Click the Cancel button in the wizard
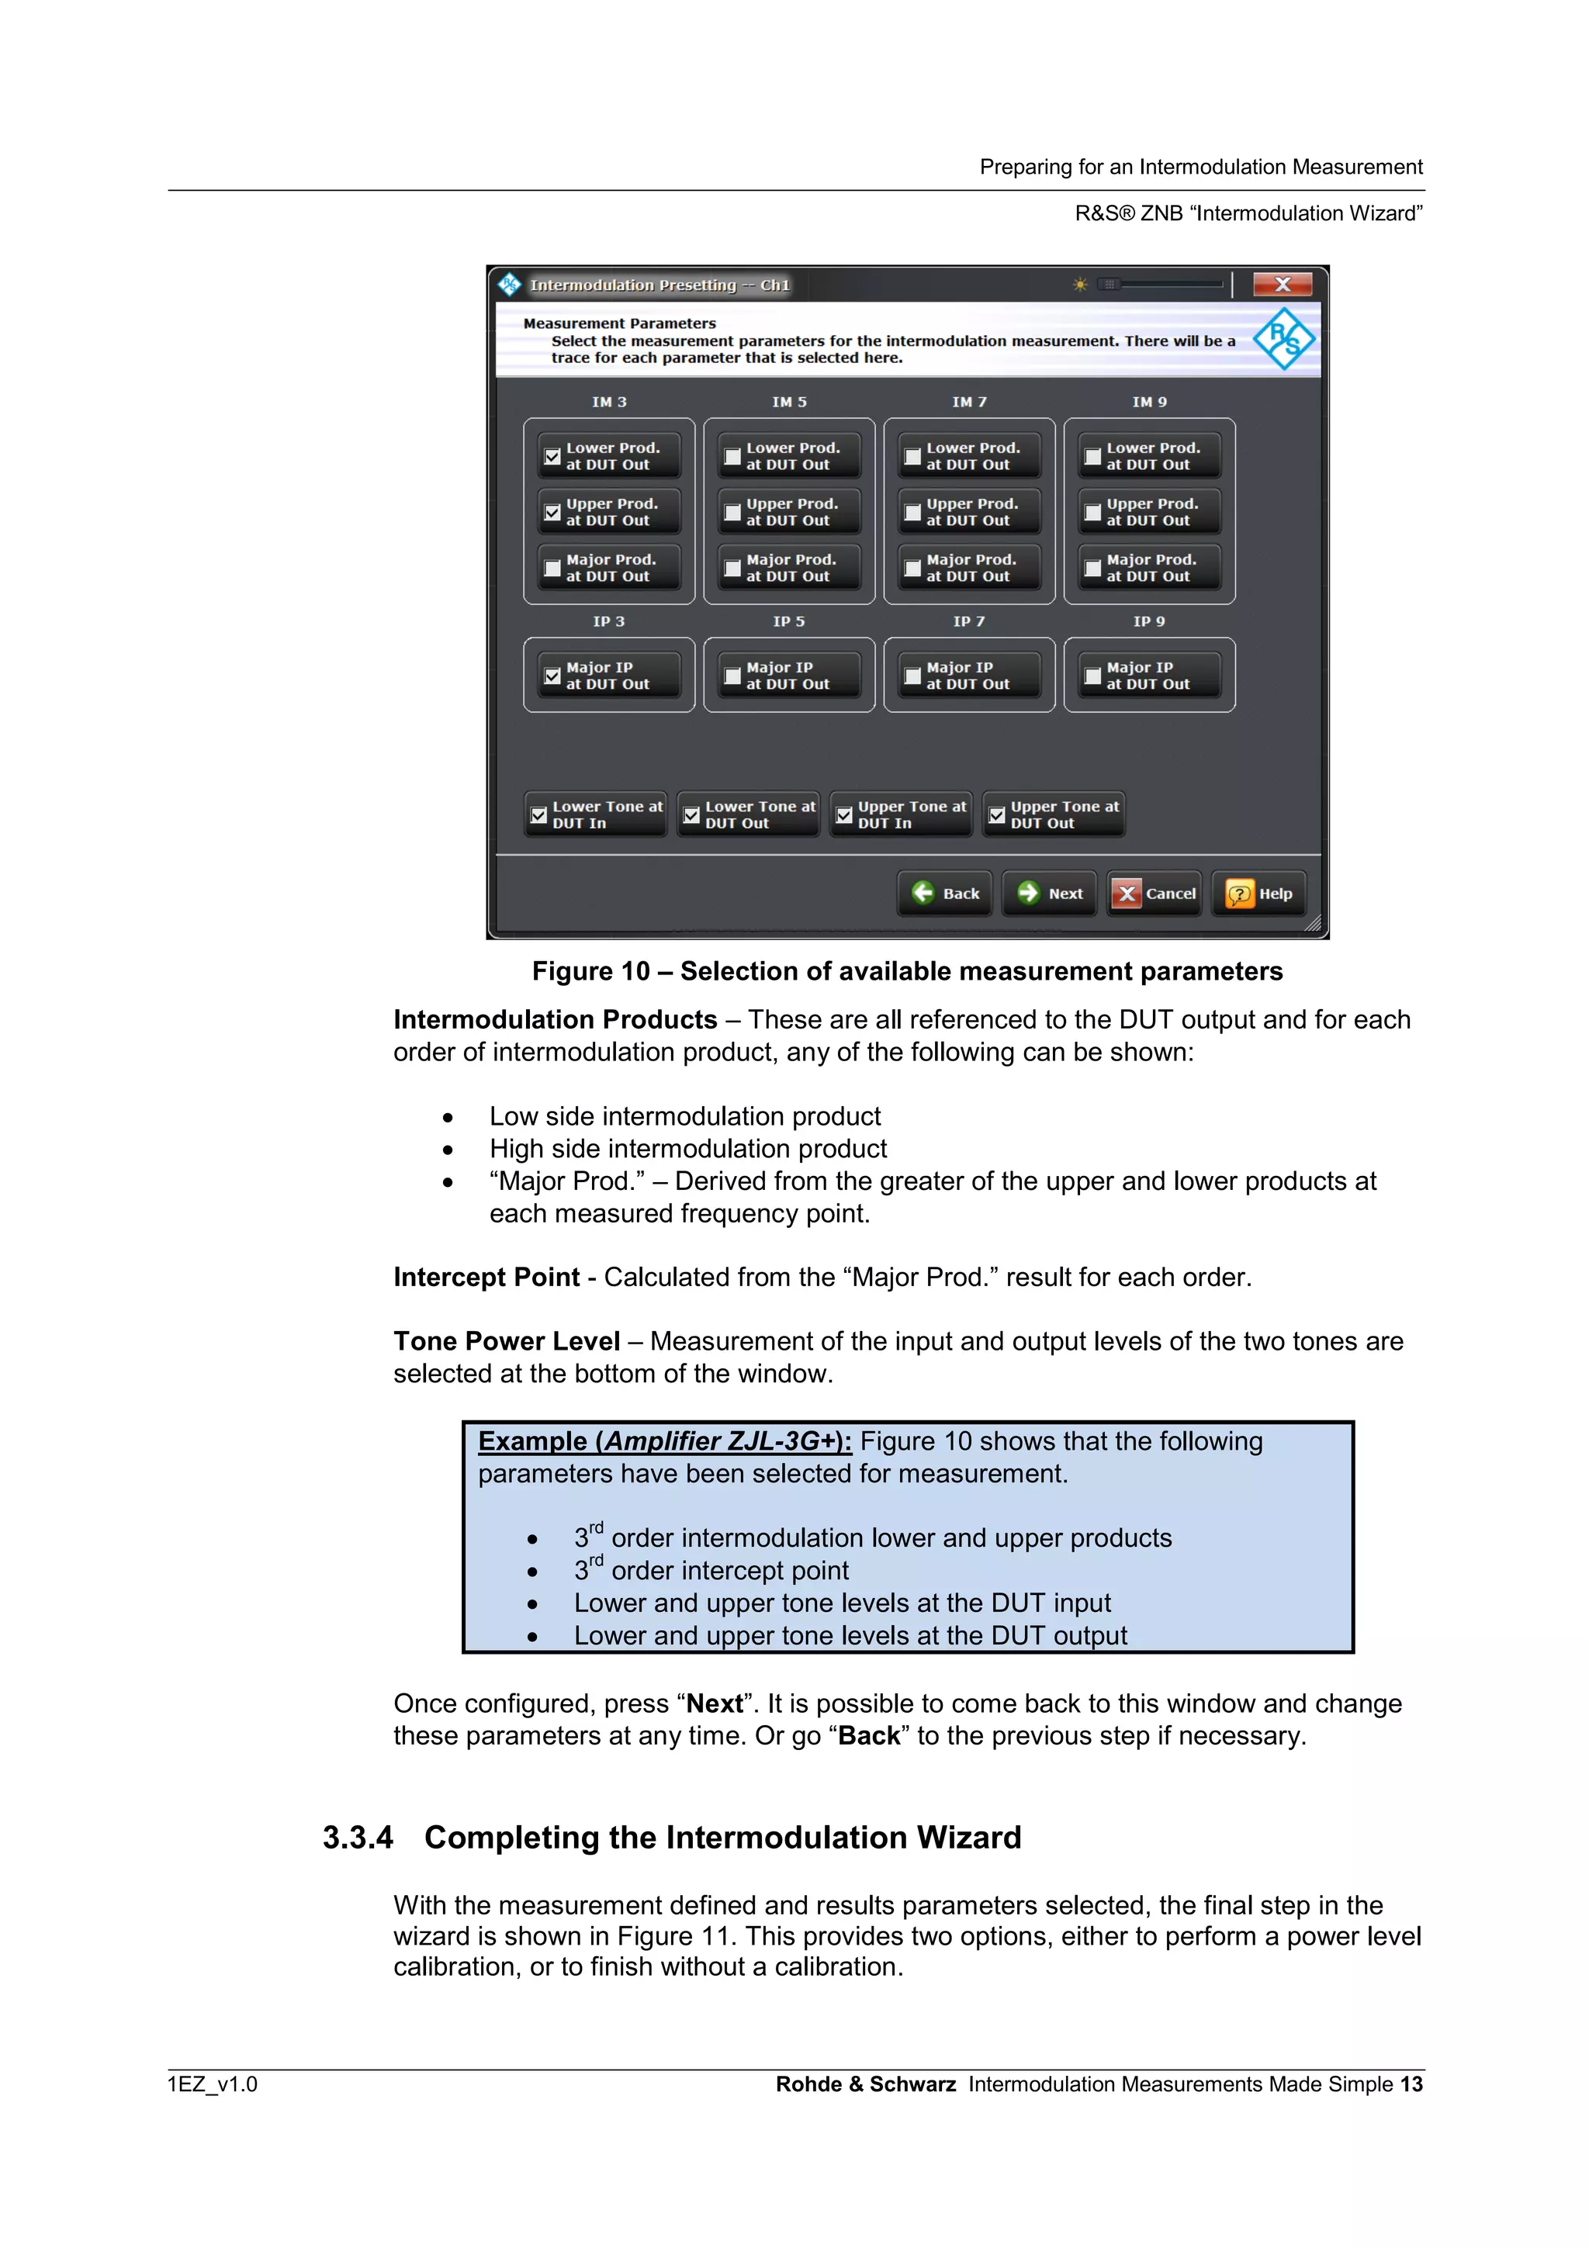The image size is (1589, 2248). (x=1155, y=893)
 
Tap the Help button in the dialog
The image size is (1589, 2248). (x=1259, y=893)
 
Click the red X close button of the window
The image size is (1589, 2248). (x=1282, y=285)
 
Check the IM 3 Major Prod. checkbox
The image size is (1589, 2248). (x=553, y=568)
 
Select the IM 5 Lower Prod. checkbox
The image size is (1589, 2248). (x=732, y=456)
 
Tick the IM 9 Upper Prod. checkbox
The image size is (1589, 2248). (x=1092, y=512)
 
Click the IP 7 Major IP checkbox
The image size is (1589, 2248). (x=912, y=676)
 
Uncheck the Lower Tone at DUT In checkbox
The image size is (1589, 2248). (x=538, y=814)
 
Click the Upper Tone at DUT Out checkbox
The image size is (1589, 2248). (x=997, y=814)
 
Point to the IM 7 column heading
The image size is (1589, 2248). (x=969, y=402)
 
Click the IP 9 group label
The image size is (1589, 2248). (x=1148, y=621)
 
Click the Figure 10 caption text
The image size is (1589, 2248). (x=906, y=971)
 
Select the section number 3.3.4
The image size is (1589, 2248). (x=358, y=1838)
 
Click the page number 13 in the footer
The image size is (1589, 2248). (x=1411, y=2084)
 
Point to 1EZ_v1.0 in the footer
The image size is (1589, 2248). (x=213, y=2084)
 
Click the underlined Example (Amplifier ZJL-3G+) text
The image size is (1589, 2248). (x=665, y=1441)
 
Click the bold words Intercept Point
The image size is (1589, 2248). (x=486, y=1277)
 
